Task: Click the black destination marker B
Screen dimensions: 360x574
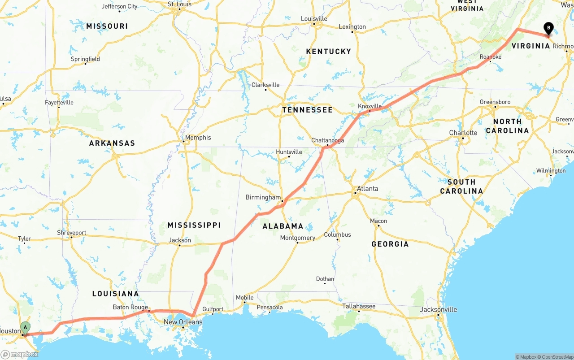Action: click(x=548, y=28)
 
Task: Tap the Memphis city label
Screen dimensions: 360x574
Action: click(x=198, y=138)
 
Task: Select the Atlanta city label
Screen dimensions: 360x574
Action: click(x=367, y=189)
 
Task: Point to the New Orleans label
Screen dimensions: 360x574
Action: click(x=183, y=322)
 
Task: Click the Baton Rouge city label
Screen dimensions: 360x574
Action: click(x=130, y=307)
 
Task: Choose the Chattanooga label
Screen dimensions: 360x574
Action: click(x=327, y=140)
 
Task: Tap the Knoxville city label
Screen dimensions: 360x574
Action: click(x=370, y=106)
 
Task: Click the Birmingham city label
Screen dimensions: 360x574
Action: click(x=263, y=197)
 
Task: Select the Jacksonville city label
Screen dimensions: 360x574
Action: click(x=439, y=309)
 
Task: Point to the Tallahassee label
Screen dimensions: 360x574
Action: click(x=359, y=306)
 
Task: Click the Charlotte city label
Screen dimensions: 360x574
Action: click(x=463, y=133)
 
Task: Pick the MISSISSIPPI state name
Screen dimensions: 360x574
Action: click(x=194, y=225)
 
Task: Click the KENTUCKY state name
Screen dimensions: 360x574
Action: click(x=328, y=52)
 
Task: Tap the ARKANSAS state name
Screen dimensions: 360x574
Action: click(x=112, y=143)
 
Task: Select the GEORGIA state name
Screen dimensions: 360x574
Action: click(x=390, y=244)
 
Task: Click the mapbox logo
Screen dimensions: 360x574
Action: click(x=20, y=354)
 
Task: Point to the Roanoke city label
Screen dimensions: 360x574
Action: click(x=491, y=57)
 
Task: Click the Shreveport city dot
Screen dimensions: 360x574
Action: click(x=71, y=237)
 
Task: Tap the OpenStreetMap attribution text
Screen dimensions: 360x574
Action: click(x=556, y=357)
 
